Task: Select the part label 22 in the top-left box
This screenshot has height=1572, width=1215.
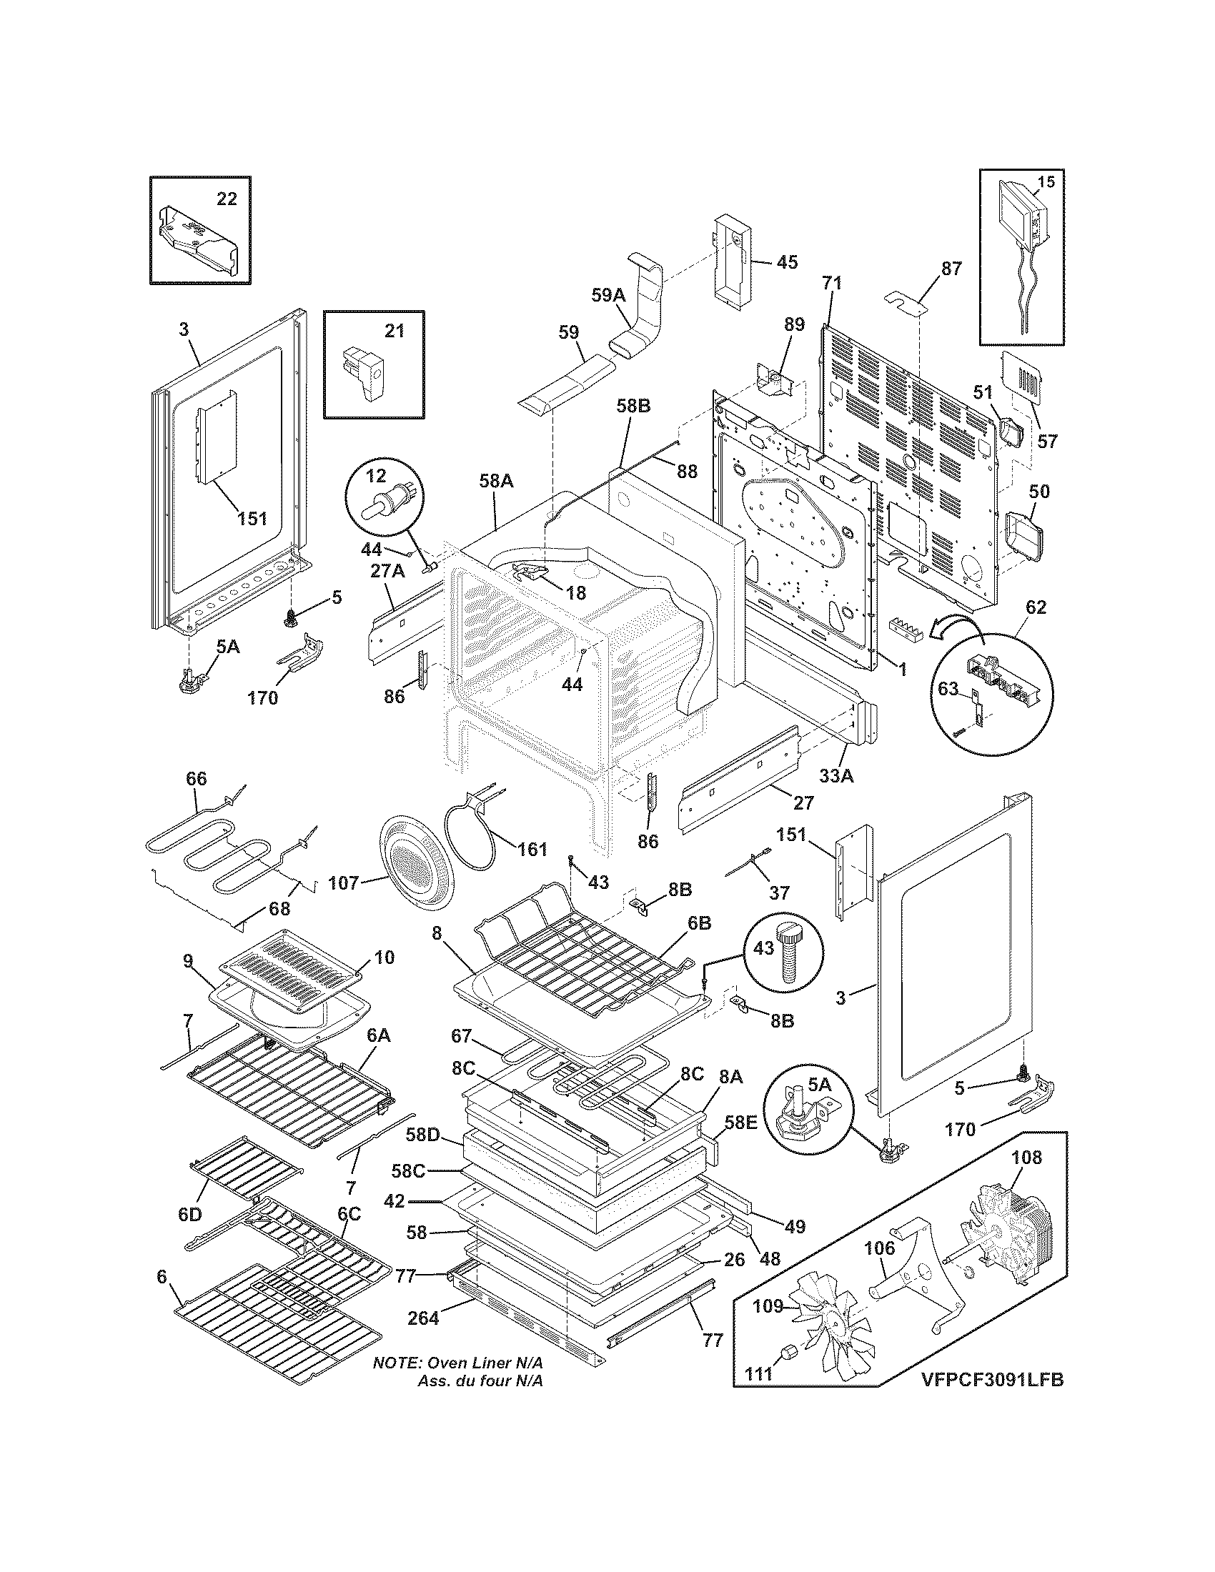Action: pyautogui.click(x=227, y=199)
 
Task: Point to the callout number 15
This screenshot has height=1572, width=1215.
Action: pyautogui.click(x=1046, y=182)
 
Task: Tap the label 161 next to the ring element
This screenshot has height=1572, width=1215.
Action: pyautogui.click(x=532, y=850)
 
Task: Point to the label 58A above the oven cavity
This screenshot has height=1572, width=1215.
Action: pyautogui.click(x=495, y=481)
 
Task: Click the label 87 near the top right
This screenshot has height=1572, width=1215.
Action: pyautogui.click(x=951, y=269)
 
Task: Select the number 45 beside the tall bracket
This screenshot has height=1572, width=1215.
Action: pyautogui.click(x=788, y=263)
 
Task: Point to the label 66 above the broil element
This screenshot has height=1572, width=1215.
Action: pyautogui.click(x=196, y=778)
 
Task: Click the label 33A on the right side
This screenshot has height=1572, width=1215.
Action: pyautogui.click(x=835, y=777)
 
